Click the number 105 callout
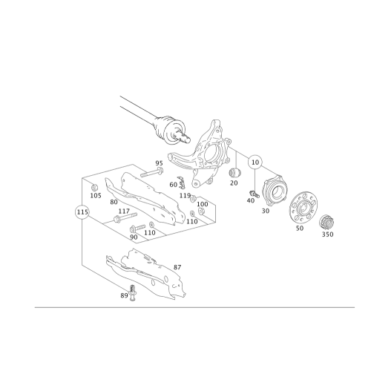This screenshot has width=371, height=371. point(94,195)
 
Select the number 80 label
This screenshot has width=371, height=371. point(114,201)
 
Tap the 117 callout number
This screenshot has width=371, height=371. point(120,211)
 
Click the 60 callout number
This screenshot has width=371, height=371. point(173,183)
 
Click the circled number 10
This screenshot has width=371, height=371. point(255,160)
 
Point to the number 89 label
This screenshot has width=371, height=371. point(124,295)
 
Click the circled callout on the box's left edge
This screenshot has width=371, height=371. point(82,214)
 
